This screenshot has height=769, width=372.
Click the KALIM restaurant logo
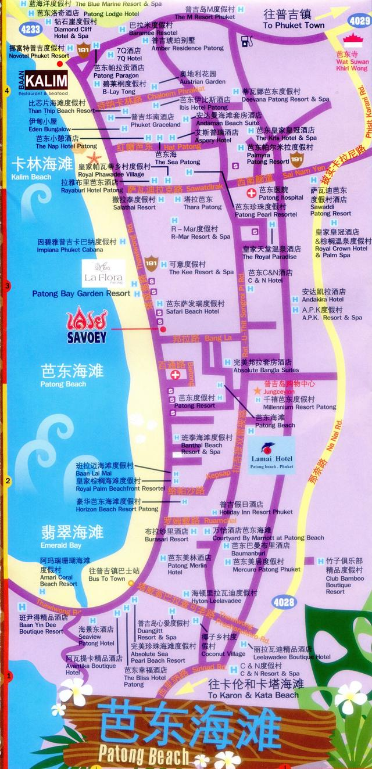tap(46, 81)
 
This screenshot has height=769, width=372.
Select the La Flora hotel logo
tap(103, 273)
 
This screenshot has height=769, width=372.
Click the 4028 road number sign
tap(284, 602)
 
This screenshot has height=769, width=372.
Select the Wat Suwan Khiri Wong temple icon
tap(351, 41)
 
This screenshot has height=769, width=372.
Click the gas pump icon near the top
tap(246, 41)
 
